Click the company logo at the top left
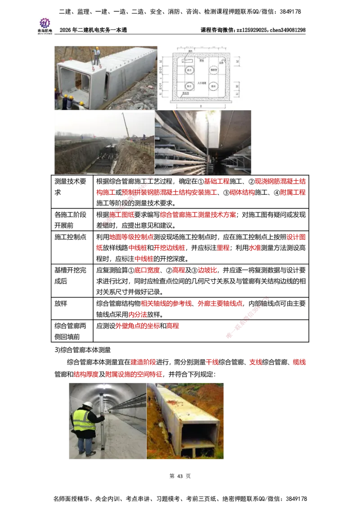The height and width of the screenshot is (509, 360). click(45, 25)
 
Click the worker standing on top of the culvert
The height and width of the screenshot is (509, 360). click(96, 56)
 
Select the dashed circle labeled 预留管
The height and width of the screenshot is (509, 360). click(213, 70)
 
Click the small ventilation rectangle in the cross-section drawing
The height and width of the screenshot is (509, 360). click(185, 58)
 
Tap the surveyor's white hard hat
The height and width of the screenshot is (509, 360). click(88, 405)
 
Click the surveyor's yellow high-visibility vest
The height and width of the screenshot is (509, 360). click(84, 420)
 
